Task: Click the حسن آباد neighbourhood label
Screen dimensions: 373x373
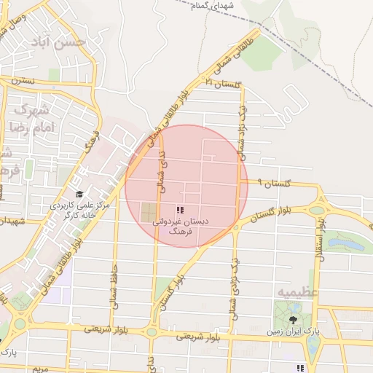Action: point(65,42)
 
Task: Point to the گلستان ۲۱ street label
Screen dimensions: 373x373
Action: point(224,85)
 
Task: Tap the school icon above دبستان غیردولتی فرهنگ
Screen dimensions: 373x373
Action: point(180,210)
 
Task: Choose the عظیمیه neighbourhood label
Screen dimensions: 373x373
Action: point(294,291)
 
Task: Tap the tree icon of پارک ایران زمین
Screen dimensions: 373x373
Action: point(294,320)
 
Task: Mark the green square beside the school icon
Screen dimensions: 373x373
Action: point(148,213)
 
